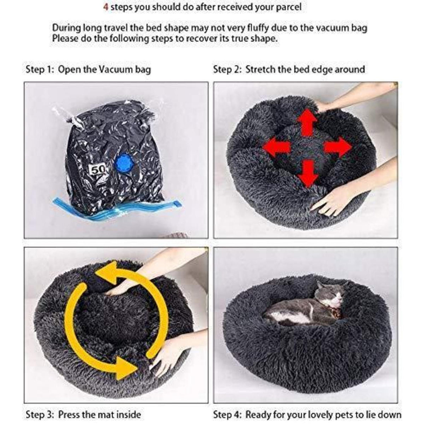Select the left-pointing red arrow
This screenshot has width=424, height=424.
click(277, 146)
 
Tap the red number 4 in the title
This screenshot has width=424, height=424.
click(106, 7)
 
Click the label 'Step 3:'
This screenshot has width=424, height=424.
click(40, 401)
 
